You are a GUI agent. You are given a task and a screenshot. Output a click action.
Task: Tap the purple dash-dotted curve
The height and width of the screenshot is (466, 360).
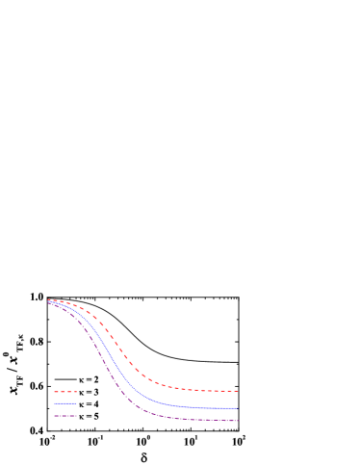(106, 367)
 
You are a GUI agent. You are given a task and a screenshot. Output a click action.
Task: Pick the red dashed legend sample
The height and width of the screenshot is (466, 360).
(65, 391)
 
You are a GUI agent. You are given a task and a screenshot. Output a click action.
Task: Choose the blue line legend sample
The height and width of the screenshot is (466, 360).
(65, 403)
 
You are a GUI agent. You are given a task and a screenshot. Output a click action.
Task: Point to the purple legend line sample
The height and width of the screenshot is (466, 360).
(65, 416)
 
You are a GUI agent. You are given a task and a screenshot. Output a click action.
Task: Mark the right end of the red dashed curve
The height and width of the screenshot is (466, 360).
(238, 391)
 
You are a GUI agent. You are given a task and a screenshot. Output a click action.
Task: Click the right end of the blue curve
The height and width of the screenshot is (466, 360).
(238, 408)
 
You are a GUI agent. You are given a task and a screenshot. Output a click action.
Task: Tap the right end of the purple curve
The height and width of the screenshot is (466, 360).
(238, 420)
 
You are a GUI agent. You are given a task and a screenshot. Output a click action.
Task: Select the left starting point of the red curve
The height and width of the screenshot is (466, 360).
(48, 299)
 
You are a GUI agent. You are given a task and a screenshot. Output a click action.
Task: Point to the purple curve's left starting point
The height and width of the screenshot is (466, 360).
(48, 303)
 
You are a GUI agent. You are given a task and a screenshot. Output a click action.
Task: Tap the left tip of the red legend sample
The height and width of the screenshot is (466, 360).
(54, 391)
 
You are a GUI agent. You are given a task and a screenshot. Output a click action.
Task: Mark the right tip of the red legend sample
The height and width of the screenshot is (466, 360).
(77, 391)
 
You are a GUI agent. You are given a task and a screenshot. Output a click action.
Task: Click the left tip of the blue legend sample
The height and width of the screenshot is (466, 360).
(54, 403)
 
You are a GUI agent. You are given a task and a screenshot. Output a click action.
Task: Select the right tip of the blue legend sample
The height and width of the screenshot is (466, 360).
(77, 403)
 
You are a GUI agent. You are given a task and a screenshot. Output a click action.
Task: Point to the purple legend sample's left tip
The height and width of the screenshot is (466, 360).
(54, 416)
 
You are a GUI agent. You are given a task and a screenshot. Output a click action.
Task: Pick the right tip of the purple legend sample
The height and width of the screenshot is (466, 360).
(77, 416)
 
